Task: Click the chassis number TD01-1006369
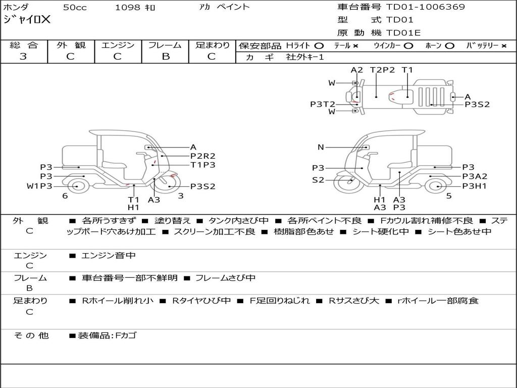click(x=425, y=7)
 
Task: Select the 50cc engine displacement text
click(x=75, y=8)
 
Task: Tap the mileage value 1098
click(x=128, y=8)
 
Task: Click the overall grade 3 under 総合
click(x=23, y=57)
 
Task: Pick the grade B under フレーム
click(x=166, y=57)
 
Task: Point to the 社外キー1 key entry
click(x=305, y=57)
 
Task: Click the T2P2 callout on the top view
click(x=382, y=70)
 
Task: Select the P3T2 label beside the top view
click(x=323, y=104)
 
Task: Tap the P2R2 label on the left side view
click(x=203, y=156)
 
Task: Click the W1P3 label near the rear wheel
click(x=39, y=186)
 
